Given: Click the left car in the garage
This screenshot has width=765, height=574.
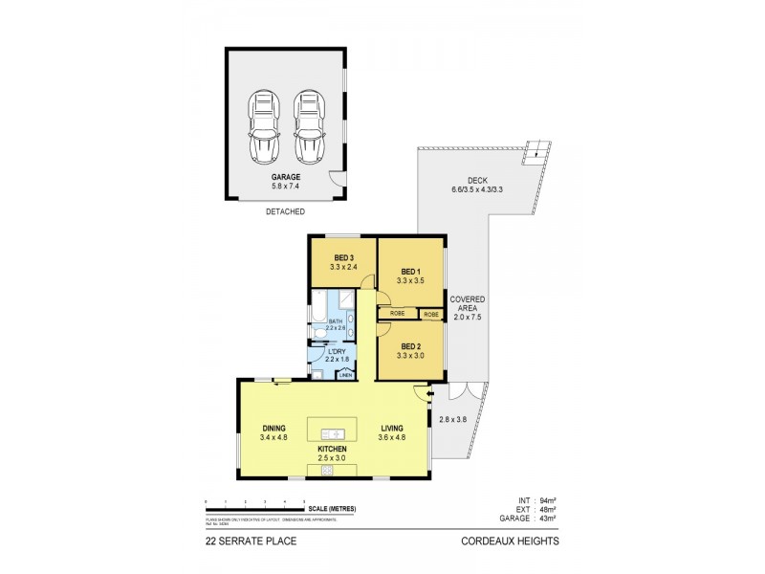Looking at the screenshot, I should [263, 127].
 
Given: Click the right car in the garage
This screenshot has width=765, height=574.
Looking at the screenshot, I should [310, 127].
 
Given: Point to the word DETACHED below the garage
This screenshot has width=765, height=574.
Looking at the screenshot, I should [285, 211].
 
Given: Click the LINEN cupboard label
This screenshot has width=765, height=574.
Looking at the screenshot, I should [345, 376].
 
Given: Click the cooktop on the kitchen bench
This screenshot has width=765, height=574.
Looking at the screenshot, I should [327, 470].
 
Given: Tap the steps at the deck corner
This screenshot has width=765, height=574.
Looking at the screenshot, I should [541, 149].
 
